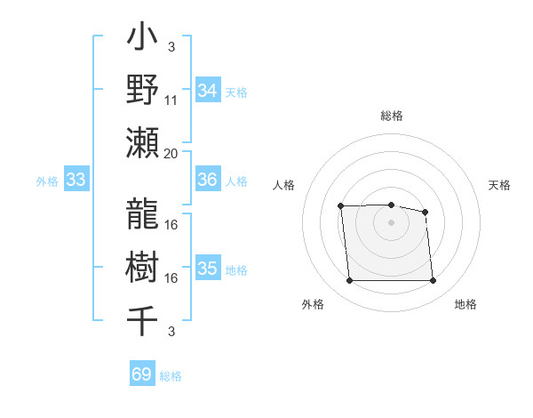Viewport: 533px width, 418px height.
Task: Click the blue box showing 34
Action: tap(207, 91)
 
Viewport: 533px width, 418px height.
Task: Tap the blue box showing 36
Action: tap(207, 181)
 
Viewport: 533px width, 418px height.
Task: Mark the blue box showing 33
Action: tap(76, 181)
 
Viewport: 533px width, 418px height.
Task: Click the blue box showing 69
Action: tap(142, 374)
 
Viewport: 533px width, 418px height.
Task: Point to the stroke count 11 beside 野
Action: tap(171, 100)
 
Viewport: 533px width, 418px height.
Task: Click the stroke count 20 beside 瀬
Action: tap(171, 153)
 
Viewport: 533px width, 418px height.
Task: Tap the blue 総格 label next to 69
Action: tap(171, 376)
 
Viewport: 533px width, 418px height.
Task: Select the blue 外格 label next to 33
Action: tap(47, 181)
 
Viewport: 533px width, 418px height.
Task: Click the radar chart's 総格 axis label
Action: tap(391, 116)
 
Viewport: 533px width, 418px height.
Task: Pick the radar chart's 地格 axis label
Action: tap(465, 304)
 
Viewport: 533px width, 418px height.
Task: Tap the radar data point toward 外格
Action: tap(349, 281)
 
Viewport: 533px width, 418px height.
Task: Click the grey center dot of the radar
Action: tap(391, 222)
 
